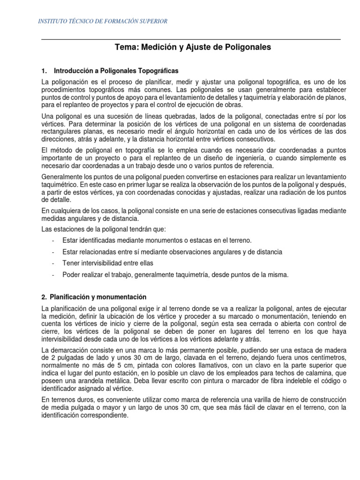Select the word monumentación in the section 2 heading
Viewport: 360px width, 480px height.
coord(125,297)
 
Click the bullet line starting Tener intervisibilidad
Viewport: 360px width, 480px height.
coord(108,263)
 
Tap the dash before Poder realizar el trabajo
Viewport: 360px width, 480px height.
coord(54,274)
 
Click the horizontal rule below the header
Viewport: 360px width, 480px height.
coord(191,39)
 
